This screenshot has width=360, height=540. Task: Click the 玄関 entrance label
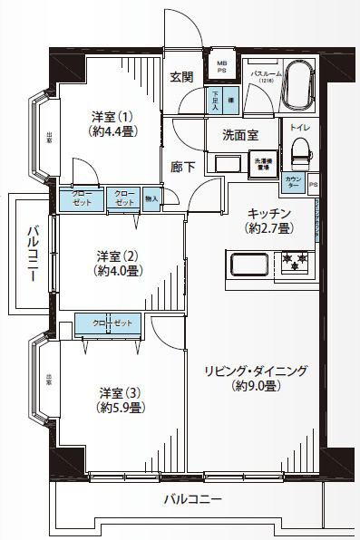[181, 77]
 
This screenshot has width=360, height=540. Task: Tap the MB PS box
[221, 67]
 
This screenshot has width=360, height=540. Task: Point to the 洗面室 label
[240, 134]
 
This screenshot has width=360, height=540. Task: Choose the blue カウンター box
[293, 184]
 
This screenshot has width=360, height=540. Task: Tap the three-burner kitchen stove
[296, 264]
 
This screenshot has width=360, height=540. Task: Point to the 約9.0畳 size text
[256, 387]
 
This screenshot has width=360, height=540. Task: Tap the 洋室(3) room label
[119, 391]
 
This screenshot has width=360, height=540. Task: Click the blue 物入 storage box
[151, 198]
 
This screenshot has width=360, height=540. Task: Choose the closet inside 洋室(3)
[110, 323]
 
